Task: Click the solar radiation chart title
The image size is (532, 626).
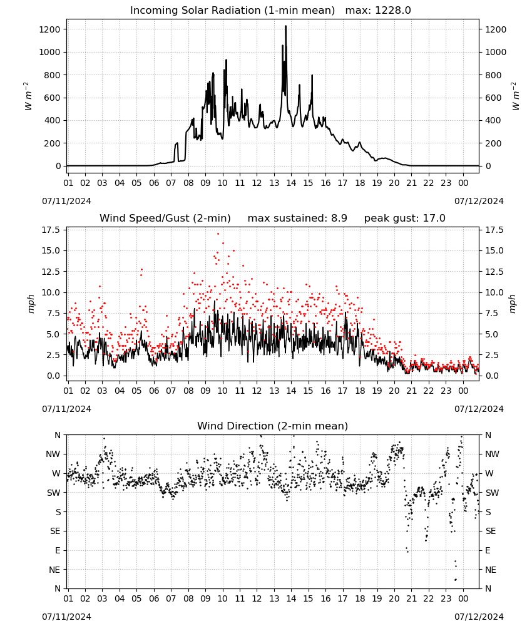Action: pyautogui.click(x=232, y=11)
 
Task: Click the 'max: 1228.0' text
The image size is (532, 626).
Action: pyautogui.click(x=378, y=11)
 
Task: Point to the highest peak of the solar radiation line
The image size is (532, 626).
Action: pyautogui.click(x=286, y=26)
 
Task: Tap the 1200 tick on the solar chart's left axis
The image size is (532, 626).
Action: pyautogui.click(x=50, y=29)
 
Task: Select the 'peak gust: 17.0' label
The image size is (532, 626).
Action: pyautogui.click(x=405, y=218)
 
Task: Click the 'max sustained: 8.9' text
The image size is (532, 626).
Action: pyautogui.click(x=297, y=218)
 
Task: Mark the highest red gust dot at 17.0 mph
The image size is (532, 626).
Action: pyautogui.click(x=218, y=234)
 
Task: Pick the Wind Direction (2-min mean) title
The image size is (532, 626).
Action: pyautogui.click(x=273, y=426)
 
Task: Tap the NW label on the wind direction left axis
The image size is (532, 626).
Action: pyautogui.click(x=53, y=454)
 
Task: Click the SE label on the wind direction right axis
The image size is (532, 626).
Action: pyautogui.click(x=491, y=531)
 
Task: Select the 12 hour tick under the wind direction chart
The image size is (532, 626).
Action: pyautogui.click(x=257, y=598)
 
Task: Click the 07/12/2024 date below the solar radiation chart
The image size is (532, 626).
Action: pyautogui.click(x=479, y=201)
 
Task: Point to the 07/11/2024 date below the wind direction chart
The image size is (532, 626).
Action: pyautogui.click(x=66, y=617)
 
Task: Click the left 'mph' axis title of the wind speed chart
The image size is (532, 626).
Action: pyautogui.click(x=31, y=304)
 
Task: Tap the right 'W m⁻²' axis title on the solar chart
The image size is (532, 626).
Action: pyautogui.click(x=514, y=96)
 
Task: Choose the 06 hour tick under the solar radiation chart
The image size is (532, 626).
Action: pyautogui.click(x=154, y=183)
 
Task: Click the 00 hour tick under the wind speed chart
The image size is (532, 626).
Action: pyautogui.click(x=463, y=391)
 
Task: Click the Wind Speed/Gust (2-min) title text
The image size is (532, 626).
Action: pyautogui.click(x=165, y=218)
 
